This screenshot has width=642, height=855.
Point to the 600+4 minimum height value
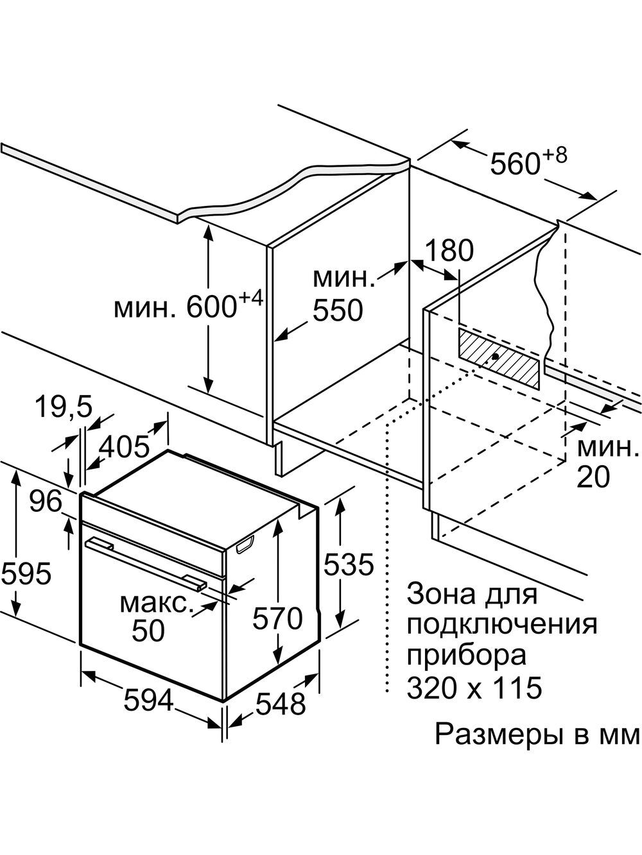click(x=221, y=307)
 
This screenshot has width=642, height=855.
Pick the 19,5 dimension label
click(x=62, y=406)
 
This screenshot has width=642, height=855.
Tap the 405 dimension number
click(x=124, y=445)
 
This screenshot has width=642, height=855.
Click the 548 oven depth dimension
click(x=280, y=704)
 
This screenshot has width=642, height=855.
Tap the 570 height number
click(x=277, y=619)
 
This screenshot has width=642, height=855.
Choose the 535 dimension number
click(x=348, y=564)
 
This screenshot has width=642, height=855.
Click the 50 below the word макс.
click(x=148, y=631)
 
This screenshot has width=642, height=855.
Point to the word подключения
click(x=501, y=624)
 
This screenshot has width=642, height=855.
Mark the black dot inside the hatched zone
click(x=496, y=356)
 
